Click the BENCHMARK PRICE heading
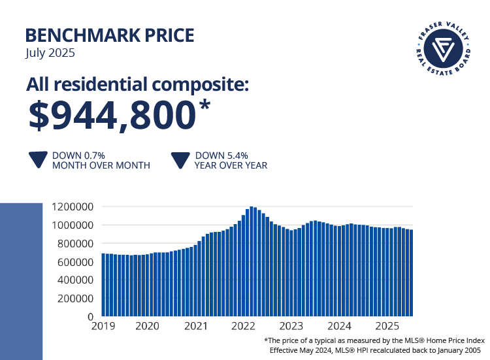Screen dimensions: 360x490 [x=110, y=35]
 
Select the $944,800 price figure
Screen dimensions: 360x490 [x=112, y=115]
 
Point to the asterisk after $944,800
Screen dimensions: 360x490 [x=204, y=105]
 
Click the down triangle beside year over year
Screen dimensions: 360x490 [x=180, y=161]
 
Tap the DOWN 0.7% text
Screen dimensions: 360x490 [x=79, y=155]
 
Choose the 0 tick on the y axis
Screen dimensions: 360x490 [x=91, y=317]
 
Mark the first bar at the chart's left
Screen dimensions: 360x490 [x=103, y=285]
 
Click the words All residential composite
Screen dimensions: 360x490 [x=138, y=86]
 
